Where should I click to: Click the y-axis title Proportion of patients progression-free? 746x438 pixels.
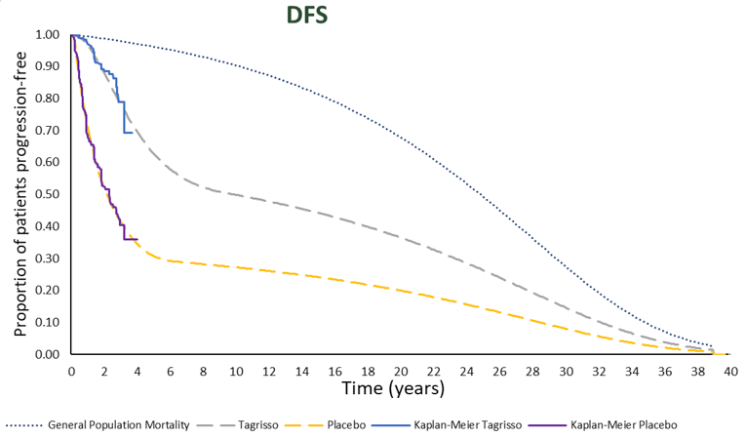tap(20, 195)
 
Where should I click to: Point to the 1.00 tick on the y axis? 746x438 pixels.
tap(47, 35)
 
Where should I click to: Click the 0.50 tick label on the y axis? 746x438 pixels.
tap(47, 195)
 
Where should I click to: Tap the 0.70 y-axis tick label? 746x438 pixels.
tap(47, 131)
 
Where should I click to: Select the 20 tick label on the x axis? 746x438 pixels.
tap(401, 371)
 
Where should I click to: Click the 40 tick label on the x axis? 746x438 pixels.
tap(730, 371)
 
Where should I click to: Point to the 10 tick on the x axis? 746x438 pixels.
tap(236, 371)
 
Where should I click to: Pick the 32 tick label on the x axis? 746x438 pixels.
tap(599, 371)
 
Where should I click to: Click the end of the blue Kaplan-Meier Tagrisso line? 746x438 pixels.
tap(133, 132)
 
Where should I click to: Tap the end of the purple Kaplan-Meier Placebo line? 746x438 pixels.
tap(137, 239)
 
